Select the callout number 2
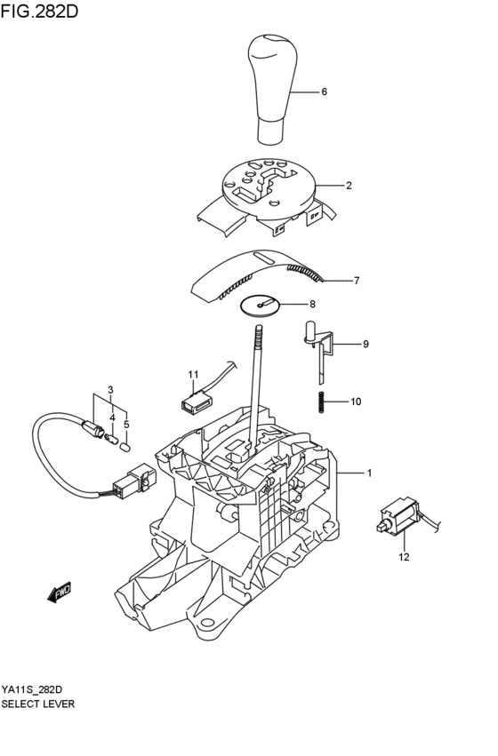click(349, 186)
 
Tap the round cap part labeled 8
click(261, 304)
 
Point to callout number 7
click(356, 281)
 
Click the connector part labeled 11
click(194, 405)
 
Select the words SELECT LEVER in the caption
click(37, 703)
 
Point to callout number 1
click(369, 473)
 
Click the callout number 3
click(110, 389)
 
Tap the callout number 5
click(126, 425)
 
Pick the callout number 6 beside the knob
click(324, 92)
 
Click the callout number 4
click(112, 417)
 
